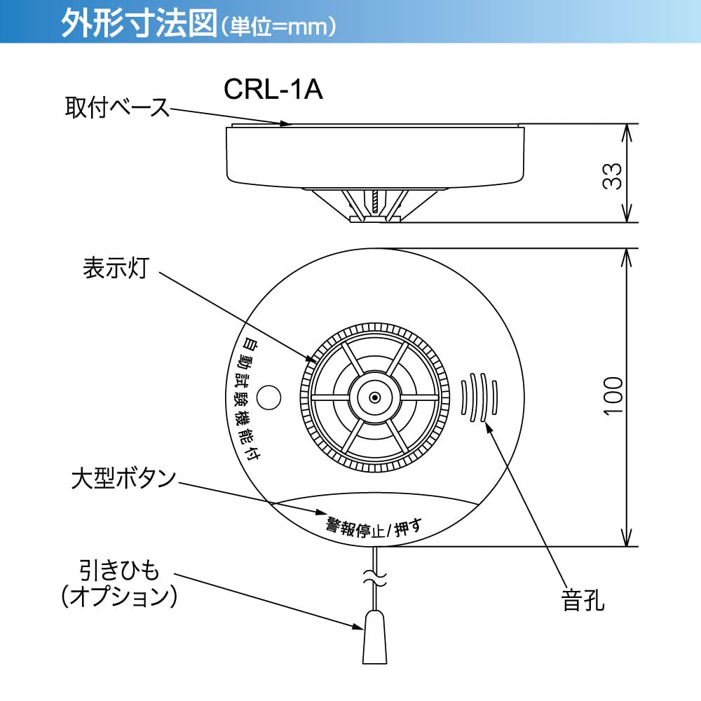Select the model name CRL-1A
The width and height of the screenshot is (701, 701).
pos(273,89)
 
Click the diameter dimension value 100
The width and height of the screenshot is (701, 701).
pos(612,397)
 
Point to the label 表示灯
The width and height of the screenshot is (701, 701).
pos(116,267)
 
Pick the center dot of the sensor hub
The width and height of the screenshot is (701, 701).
pos(374,398)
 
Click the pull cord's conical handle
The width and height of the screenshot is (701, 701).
pos(375,638)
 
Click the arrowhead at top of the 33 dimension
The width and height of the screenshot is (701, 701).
pos(627,130)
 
